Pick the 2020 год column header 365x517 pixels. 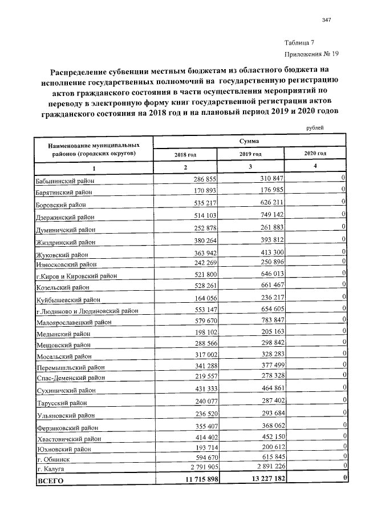click(x=315, y=154)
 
